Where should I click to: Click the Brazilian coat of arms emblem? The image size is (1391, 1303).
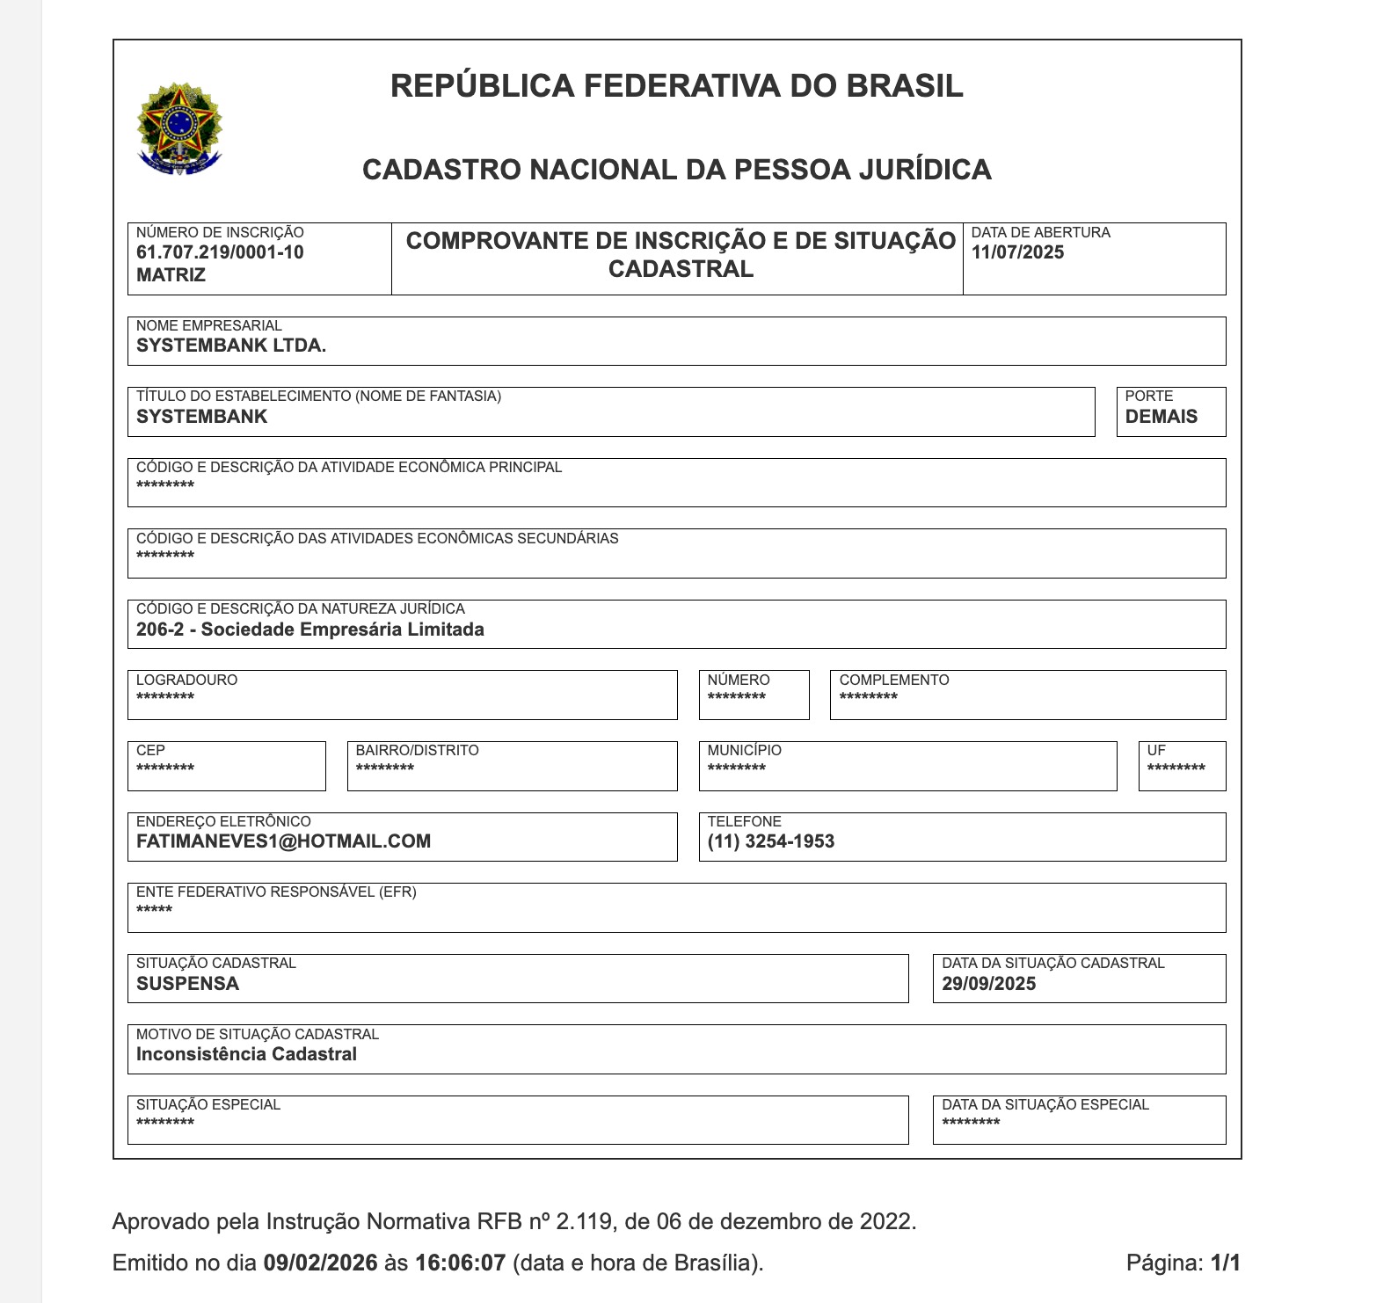tap(179, 128)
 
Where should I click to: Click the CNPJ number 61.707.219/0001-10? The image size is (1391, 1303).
tap(220, 253)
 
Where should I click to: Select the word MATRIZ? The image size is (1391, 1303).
tap(171, 275)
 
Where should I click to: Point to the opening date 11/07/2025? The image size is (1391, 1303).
tap(1017, 253)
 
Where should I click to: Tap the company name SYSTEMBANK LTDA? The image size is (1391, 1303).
tap(231, 346)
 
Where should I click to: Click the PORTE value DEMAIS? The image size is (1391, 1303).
tap(1161, 417)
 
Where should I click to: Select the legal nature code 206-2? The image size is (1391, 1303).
tap(160, 630)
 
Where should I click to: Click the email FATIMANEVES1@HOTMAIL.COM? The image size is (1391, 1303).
tap(283, 841)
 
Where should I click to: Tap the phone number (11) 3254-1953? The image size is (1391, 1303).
tap(770, 841)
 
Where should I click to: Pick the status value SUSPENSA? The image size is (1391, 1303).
tap(187, 984)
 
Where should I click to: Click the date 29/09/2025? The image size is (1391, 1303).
tap(988, 984)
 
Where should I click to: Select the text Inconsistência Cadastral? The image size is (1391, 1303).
tap(246, 1054)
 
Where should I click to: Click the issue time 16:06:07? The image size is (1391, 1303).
tap(460, 1263)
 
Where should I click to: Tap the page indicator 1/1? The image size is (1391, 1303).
tap(1225, 1263)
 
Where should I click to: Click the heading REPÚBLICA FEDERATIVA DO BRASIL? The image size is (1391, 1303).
tap(676, 86)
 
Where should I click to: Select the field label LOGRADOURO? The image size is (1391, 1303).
tap(186, 680)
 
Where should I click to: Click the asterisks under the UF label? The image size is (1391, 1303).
tap(1176, 768)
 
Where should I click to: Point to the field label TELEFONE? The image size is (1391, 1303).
tap(744, 821)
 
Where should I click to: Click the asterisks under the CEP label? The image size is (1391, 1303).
tap(165, 768)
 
